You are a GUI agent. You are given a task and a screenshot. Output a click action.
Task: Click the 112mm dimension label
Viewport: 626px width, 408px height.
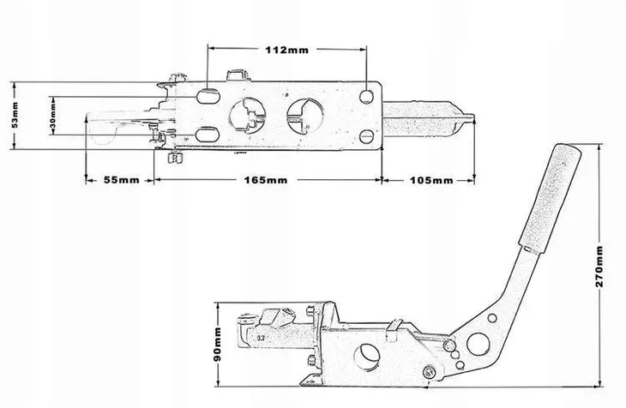tap(287, 50)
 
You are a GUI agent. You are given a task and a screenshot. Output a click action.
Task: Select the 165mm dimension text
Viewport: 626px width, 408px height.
tap(266, 180)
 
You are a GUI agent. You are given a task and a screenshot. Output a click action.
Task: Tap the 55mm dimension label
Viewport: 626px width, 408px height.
tap(122, 180)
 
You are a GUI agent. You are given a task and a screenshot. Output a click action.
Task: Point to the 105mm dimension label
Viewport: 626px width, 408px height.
tap(431, 181)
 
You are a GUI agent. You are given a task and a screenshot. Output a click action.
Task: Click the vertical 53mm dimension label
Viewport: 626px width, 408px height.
tap(15, 115)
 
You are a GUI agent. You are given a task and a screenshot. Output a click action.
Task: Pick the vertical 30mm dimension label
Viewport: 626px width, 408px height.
tap(52, 117)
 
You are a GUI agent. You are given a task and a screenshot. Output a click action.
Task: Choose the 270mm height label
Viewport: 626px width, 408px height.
tap(599, 267)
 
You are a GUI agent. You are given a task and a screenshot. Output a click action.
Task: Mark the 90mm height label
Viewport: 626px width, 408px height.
tap(218, 345)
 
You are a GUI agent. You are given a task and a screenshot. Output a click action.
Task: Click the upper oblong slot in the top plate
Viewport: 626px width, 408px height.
tap(208, 96)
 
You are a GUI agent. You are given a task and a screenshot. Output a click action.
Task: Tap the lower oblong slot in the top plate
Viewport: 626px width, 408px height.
tap(208, 134)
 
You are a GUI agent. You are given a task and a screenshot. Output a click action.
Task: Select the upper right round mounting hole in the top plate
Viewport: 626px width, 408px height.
tap(366, 97)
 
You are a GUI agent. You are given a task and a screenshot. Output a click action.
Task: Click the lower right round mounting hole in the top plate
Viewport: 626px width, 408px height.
tap(366, 136)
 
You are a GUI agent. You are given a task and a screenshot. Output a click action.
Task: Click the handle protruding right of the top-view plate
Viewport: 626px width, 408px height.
tap(429, 118)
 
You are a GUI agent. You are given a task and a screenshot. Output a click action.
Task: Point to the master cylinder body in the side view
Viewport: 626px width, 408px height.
tap(280, 338)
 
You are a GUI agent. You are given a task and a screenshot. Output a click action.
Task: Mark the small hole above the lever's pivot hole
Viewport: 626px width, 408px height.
tap(492, 318)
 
